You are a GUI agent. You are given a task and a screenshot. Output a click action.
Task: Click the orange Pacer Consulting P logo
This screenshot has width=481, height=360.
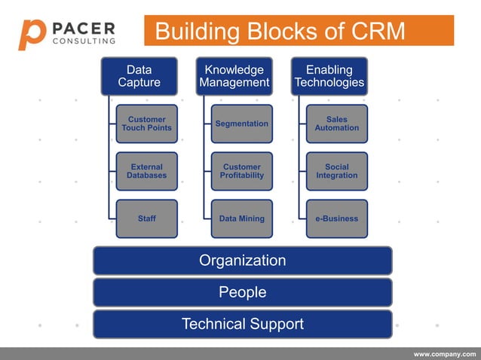pos(32,34)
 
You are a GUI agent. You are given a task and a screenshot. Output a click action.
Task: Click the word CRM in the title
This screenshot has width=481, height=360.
pos(378,32)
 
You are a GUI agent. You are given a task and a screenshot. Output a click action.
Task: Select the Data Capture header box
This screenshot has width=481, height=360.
pos(139,76)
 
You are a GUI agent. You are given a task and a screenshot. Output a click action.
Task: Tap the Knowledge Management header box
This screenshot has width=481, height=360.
pos(234,76)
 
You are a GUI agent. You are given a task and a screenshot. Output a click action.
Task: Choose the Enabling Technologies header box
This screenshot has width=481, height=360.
pos(329,76)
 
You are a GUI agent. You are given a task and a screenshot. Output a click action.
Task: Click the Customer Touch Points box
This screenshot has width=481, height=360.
pos(147,124)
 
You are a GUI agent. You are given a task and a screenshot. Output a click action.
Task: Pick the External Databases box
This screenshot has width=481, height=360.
pos(147,171)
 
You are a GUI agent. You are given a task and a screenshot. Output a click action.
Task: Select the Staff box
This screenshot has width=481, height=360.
pos(147,218)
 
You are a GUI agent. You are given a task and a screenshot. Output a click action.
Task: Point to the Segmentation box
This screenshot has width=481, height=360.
pos(242,124)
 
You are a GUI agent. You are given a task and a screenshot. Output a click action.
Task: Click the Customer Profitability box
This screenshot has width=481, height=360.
pos(242,171)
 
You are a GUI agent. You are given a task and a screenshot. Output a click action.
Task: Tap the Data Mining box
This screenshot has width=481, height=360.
pos(242,218)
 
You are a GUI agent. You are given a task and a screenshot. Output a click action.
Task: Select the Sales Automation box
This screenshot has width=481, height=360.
pos(337,124)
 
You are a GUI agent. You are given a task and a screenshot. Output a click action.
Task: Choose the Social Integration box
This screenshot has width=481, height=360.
pos(337,171)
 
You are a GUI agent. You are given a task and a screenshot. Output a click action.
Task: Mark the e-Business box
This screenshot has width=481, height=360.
pos(337,218)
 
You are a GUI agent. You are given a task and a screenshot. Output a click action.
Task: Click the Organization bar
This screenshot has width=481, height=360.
pos(242,261)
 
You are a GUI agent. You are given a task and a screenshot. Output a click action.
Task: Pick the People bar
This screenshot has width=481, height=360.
pos(242,292)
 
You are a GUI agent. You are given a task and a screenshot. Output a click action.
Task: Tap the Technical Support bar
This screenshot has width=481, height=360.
pos(242,324)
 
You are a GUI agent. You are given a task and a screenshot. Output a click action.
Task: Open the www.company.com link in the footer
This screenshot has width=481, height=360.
pos(445,354)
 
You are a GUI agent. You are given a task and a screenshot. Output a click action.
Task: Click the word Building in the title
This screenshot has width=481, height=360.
pos(195,32)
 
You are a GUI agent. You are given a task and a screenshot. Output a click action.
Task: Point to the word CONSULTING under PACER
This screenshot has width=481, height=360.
pos(84,41)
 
